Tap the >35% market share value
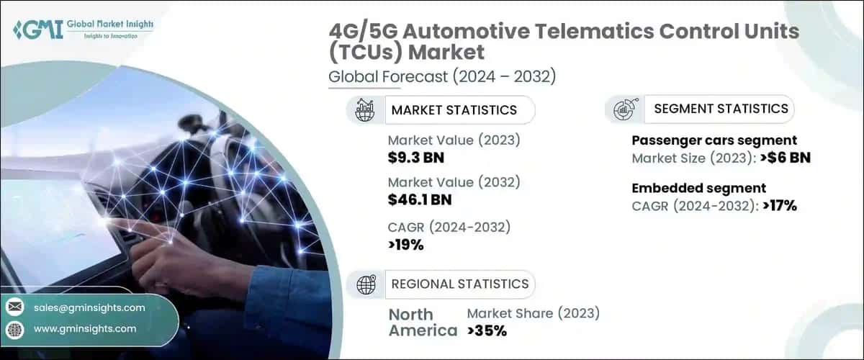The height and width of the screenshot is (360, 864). [x=487, y=330]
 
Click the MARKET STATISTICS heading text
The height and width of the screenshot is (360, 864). [x=454, y=110]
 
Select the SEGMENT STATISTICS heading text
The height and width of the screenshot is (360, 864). [x=721, y=109]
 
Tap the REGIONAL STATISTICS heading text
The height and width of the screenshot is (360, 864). [x=459, y=284]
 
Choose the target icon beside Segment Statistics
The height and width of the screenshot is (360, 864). [x=623, y=109]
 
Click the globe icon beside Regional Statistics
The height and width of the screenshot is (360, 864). [x=366, y=284]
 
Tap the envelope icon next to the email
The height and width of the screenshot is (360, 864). [x=14, y=307]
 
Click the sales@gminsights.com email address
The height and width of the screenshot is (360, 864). [x=89, y=307]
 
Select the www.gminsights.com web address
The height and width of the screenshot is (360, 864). [x=84, y=328]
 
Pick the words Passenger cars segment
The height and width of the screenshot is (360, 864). [x=714, y=140]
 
